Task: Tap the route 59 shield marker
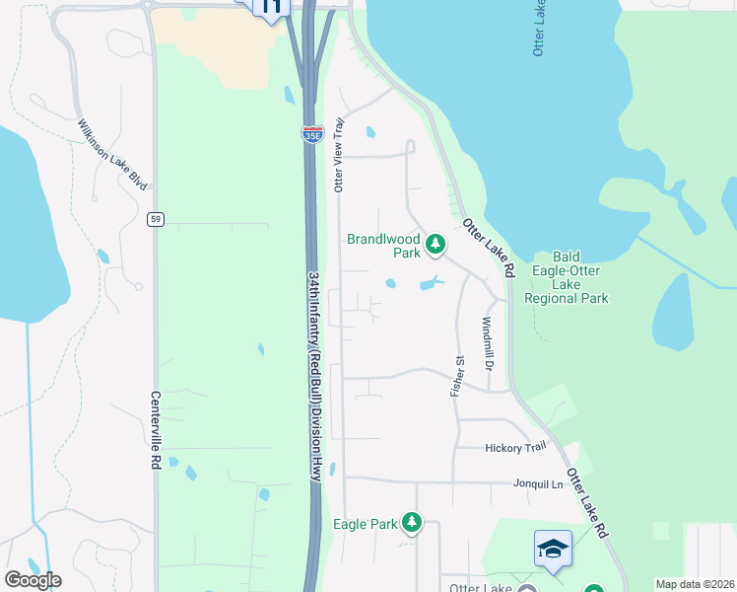coord(156,218)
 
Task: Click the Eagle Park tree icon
coord(411,523)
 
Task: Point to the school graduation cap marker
coord(553,549)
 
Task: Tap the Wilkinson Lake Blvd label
coord(113,155)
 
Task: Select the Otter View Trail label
coord(338,154)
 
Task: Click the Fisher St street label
coord(456,376)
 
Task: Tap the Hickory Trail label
coord(514,448)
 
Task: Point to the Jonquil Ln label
coord(538,483)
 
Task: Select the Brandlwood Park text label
coord(383,246)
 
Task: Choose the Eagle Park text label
coord(366,524)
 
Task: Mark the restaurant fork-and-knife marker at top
coord(271,7)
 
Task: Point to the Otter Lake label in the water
coord(539,28)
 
